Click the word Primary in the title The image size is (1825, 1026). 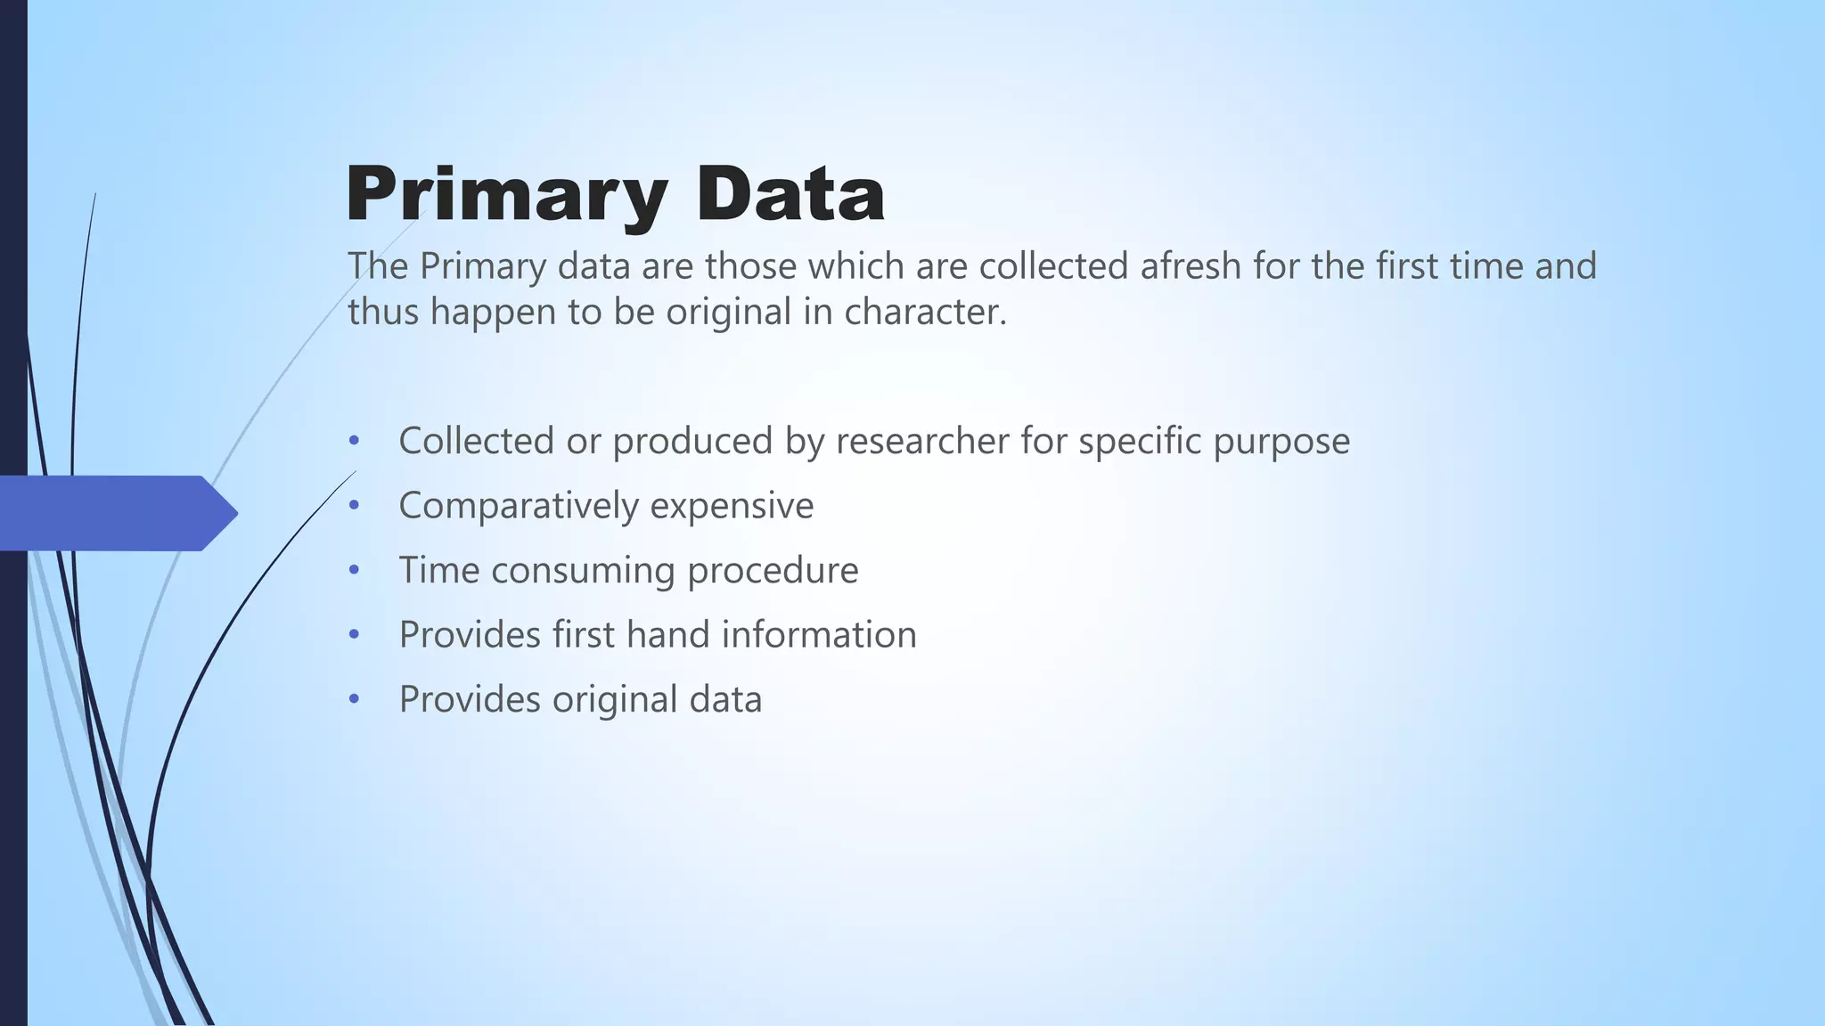tap(506, 194)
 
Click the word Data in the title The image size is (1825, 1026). tap(790, 194)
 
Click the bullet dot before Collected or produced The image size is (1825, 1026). tap(355, 441)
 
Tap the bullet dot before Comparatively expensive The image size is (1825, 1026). tap(355, 506)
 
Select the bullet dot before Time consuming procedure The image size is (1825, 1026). tap(355, 570)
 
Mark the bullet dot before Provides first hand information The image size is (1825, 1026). tap(355, 635)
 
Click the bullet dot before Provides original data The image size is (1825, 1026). tap(355, 699)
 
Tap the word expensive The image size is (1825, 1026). tap(732, 507)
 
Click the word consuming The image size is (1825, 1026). tap(583, 571)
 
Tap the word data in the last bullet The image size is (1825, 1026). tap(724, 699)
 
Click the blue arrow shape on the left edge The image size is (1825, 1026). tap(116, 513)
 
